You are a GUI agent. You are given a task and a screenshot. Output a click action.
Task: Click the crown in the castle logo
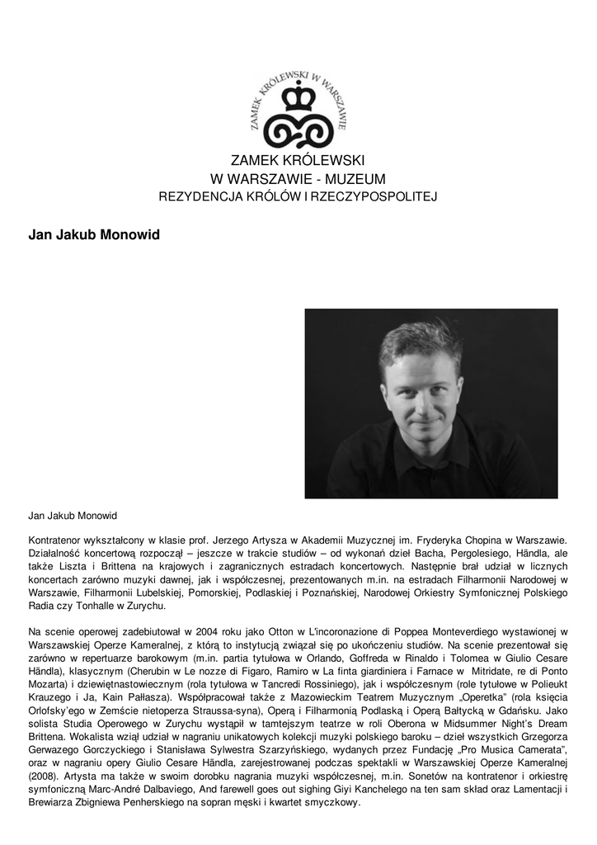click(x=298, y=97)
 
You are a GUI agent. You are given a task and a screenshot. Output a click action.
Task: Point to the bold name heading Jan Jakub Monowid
click(x=94, y=235)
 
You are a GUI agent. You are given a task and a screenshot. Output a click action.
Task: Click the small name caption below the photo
click(x=73, y=516)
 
